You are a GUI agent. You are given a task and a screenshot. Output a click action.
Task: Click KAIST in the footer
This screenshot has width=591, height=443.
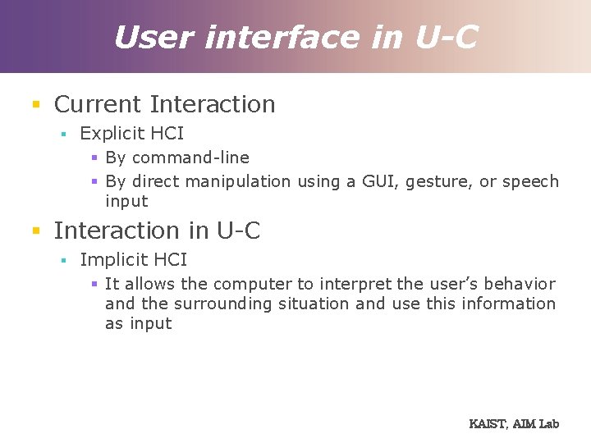[x=488, y=424]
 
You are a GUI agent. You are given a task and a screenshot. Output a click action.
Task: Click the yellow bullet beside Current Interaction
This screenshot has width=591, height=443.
[x=35, y=105]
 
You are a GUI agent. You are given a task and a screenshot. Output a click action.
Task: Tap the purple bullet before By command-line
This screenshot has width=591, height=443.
[x=94, y=158]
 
